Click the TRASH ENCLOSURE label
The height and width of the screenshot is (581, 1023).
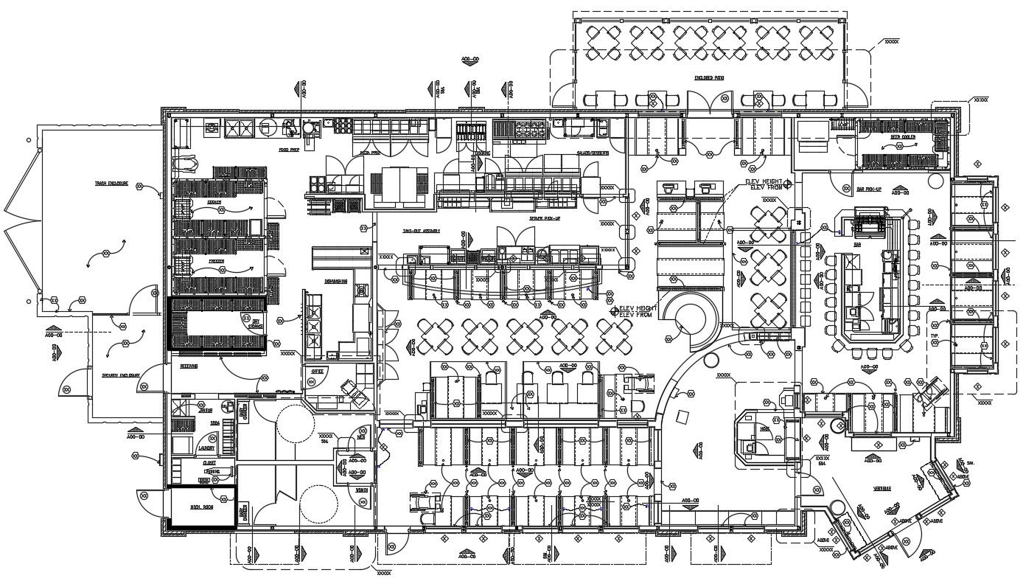click(111, 184)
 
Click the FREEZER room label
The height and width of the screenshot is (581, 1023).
click(215, 261)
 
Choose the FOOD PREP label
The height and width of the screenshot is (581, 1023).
click(287, 149)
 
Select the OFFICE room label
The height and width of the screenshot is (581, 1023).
click(318, 371)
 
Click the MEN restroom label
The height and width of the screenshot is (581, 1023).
click(362, 437)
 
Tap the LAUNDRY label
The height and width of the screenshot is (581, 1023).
click(206, 448)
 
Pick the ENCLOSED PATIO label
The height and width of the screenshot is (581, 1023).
click(709, 77)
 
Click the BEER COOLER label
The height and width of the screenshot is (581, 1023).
click(902, 137)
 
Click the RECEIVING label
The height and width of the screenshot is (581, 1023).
click(189, 366)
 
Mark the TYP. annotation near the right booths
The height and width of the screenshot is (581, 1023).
click(934, 335)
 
